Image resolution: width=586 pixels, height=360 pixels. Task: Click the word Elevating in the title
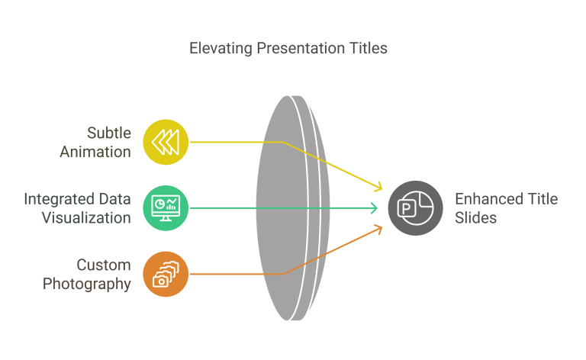[221, 49]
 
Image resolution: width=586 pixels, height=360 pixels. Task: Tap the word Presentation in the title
[301, 48]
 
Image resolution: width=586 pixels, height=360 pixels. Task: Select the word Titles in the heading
[369, 48]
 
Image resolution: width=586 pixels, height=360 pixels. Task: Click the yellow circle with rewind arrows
[166, 142]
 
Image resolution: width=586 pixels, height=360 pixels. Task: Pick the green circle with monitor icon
[166, 208]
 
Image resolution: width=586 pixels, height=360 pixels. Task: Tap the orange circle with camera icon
[166, 274]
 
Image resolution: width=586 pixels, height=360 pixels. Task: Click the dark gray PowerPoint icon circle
[415, 208]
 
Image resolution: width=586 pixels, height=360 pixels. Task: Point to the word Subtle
[109, 133]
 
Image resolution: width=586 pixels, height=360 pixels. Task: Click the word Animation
[95, 152]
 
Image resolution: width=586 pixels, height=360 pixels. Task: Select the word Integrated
[56, 199]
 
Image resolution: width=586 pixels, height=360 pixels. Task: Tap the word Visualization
[86, 217]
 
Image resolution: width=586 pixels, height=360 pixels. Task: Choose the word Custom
[104, 265]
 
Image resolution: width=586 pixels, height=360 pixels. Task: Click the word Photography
[87, 284]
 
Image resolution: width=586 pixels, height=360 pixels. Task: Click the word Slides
[476, 217]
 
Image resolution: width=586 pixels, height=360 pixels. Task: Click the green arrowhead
[374, 208]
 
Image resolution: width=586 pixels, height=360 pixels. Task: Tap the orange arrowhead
[378, 230]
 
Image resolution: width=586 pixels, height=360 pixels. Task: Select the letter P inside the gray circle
[406, 208]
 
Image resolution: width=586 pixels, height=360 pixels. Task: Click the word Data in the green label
[114, 199]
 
